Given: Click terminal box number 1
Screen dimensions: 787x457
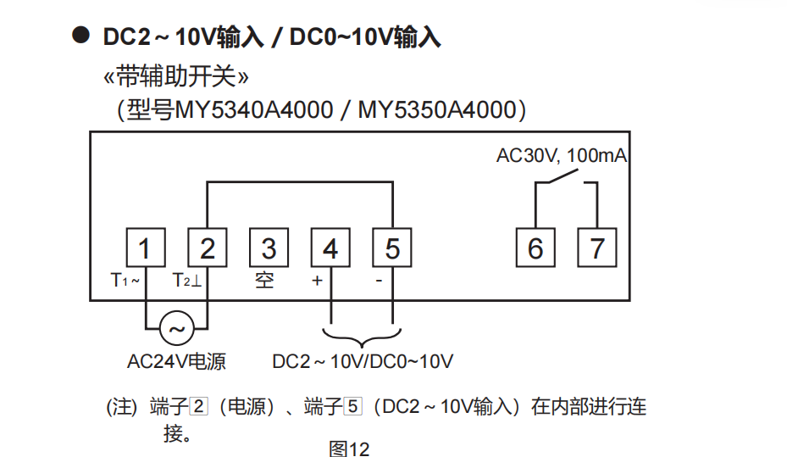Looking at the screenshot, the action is coord(146,248).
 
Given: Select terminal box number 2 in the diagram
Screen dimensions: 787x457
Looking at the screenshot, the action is coord(208,248).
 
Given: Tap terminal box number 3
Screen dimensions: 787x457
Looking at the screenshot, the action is coord(269,248).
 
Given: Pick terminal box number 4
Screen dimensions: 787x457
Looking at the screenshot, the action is coord(330,248).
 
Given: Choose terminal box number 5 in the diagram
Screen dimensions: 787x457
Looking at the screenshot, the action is coord(392,248).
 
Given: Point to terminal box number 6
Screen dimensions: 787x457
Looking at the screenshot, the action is coord(535,248).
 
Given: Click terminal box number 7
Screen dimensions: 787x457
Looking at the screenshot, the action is coord(597,248).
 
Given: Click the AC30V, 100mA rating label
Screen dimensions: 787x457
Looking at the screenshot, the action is coord(562,156).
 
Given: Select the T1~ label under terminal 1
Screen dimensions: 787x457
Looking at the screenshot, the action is coord(125,281).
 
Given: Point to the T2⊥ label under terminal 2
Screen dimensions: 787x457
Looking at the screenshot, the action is coord(186,281).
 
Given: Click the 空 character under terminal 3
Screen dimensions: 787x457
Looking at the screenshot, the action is coord(264,281).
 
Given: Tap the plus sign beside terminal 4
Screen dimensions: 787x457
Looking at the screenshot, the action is coord(317,281).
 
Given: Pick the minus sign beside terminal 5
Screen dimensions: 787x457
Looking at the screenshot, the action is coord(379,281).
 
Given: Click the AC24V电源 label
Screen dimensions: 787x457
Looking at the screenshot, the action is coord(177,361).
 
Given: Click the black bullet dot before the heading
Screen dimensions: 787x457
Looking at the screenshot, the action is coord(80,35).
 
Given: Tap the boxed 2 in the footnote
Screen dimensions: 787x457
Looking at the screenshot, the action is coord(199,406).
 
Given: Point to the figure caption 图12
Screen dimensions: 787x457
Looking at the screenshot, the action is coord(349,449).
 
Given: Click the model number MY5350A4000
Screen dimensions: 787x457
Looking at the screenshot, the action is coord(437,110).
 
